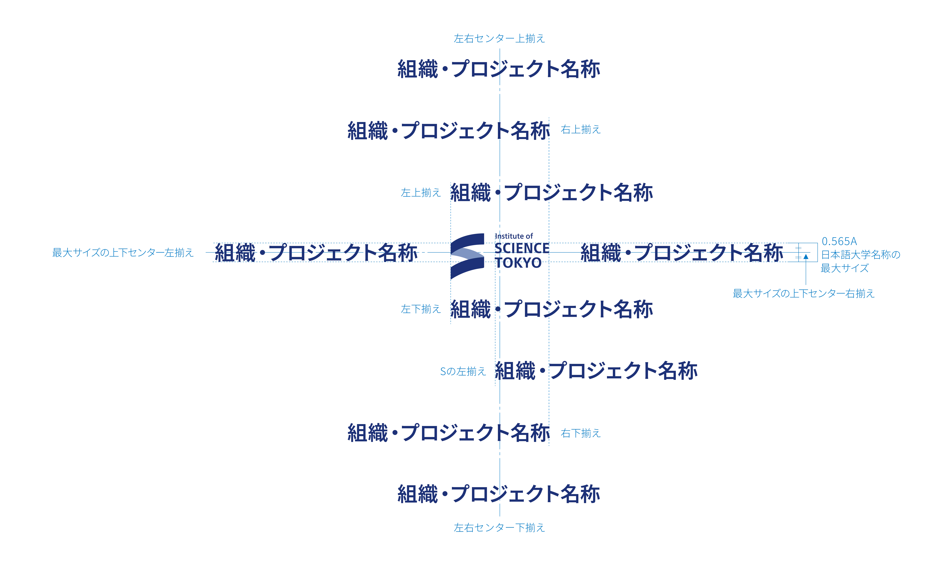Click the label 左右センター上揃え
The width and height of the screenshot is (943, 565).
click(x=499, y=39)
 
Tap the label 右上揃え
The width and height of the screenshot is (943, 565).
click(x=580, y=130)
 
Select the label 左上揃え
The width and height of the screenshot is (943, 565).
click(x=421, y=193)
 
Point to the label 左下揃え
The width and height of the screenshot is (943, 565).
click(x=421, y=309)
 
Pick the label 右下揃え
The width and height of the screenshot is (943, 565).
click(x=580, y=433)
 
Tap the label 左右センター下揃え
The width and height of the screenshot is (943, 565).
click(x=499, y=528)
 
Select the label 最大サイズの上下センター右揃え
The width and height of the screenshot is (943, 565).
click(x=804, y=294)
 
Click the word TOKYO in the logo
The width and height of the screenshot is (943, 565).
click(x=518, y=263)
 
